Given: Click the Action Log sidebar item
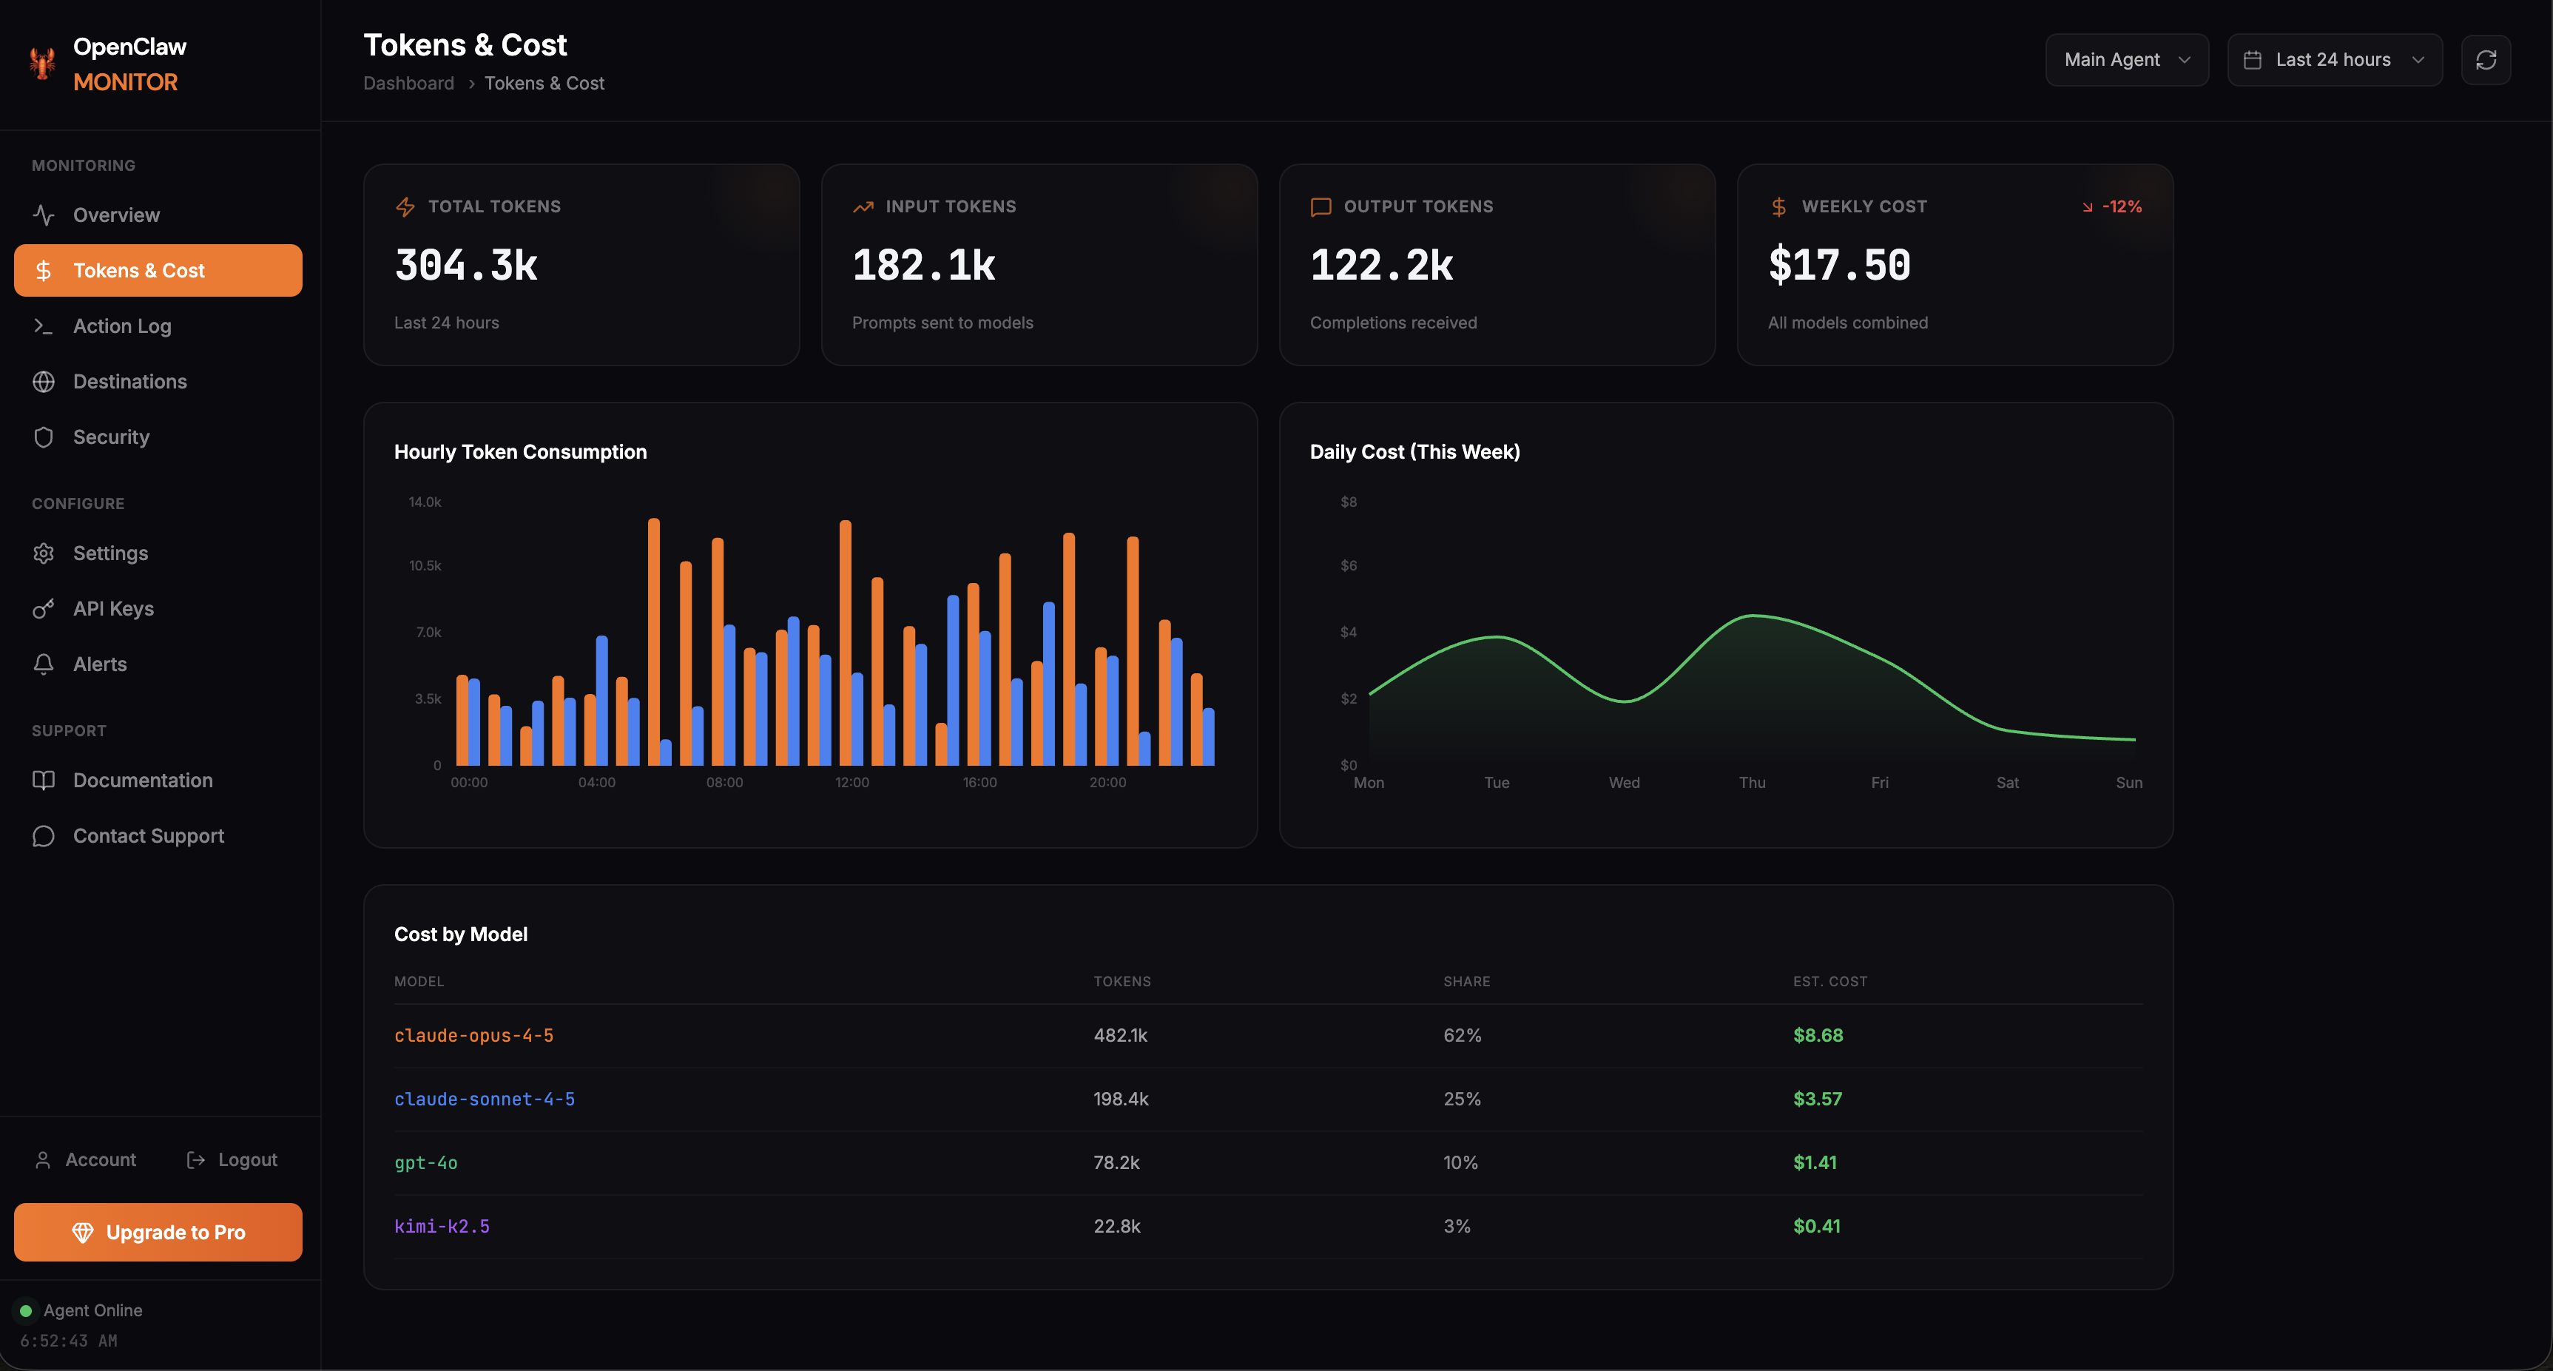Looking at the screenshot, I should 122,326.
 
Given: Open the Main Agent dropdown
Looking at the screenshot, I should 2126,59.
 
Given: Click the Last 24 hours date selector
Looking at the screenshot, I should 2333,59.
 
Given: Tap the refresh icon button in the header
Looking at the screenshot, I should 2485,59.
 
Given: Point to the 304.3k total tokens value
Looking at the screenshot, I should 466,265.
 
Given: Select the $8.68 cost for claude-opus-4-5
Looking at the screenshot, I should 1817,1035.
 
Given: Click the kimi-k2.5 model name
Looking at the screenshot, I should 442,1225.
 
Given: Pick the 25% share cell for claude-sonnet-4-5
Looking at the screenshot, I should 1461,1099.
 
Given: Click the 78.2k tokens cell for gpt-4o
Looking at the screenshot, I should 1116,1162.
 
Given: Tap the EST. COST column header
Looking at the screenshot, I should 1829,981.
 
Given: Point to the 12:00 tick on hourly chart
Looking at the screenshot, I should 851,782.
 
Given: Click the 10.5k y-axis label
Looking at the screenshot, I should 425,565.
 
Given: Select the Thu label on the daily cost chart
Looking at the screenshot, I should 1751,782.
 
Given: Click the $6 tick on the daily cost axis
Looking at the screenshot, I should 1348,565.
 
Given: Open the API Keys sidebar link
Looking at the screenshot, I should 113,609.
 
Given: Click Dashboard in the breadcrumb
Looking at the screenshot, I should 408,84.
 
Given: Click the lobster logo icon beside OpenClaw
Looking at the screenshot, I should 41,64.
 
